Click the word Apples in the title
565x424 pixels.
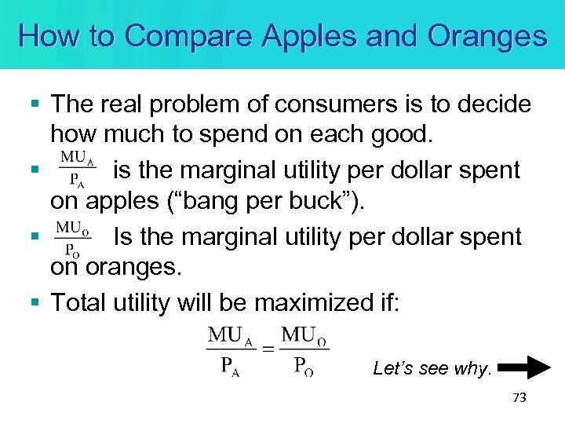(308, 35)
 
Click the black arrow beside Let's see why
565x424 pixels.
(525, 367)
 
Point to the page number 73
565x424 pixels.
(518, 398)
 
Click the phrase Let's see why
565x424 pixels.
(432, 367)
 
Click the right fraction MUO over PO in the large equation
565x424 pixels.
(304, 350)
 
